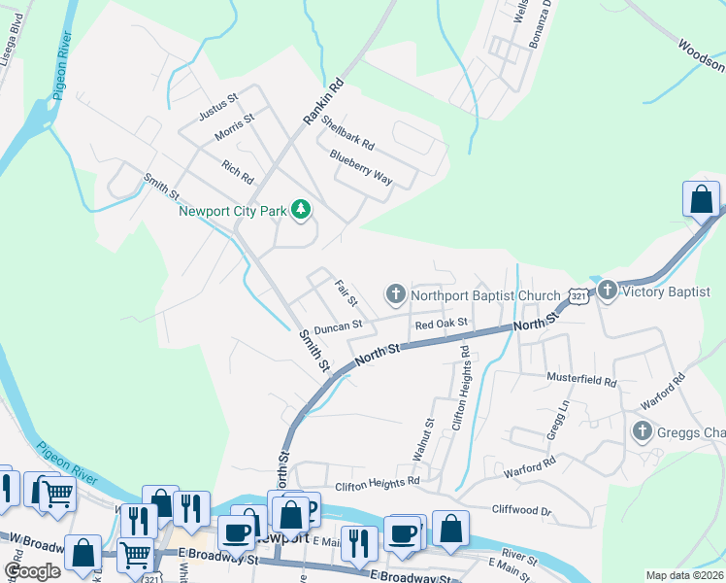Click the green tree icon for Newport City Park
[302, 210]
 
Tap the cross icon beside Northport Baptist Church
[396, 293]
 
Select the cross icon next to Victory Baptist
[608, 290]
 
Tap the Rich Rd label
[237, 173]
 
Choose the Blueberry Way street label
[360, 167]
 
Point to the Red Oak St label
[441, 323]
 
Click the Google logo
[32, 571]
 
